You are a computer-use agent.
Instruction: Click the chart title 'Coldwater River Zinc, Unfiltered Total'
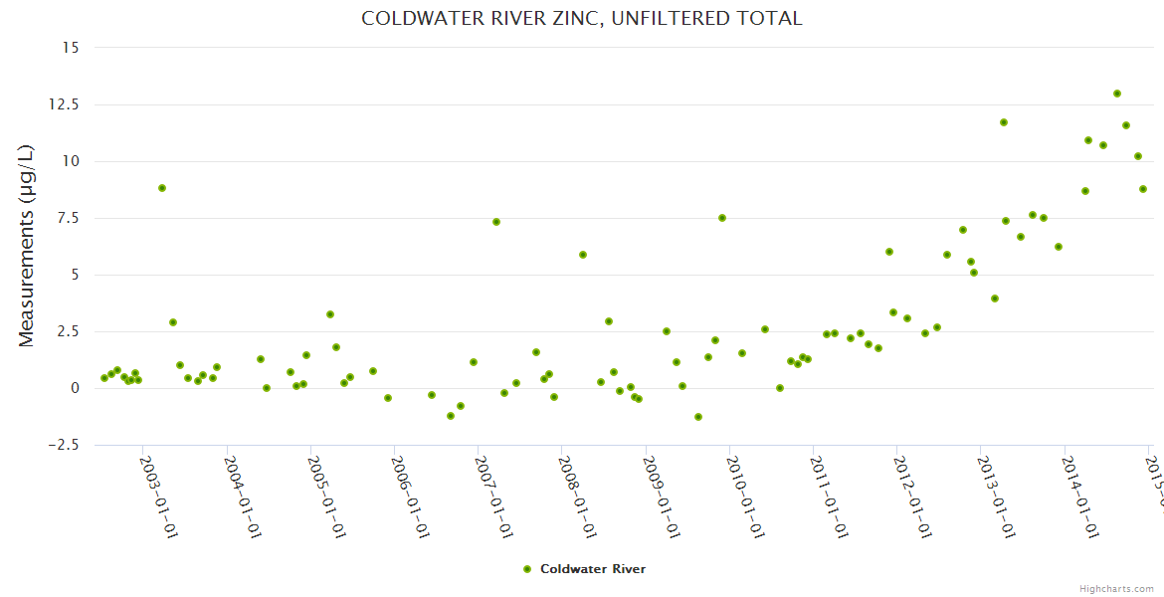(x=581, y=19)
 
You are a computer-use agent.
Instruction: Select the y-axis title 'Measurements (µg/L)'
(x=27, y=245)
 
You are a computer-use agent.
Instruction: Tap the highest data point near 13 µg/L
(x=1117, y=94)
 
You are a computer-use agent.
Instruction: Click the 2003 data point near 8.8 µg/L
(x=162, y=188)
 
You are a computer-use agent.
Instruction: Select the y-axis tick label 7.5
(x=69, y=218)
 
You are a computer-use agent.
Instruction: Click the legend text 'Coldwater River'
(x=593, y=569)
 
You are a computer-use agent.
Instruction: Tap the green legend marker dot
(x=527, y=569)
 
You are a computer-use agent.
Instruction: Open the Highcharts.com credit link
(x=1117, y=588)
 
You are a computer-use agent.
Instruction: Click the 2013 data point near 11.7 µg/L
(x=1004, y=122)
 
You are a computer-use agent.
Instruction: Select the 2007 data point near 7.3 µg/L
(x=496, y=222)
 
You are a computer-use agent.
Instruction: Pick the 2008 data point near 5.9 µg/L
(x=583, y=255)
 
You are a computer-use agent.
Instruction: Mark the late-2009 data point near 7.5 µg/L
(x=722, y=218)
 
